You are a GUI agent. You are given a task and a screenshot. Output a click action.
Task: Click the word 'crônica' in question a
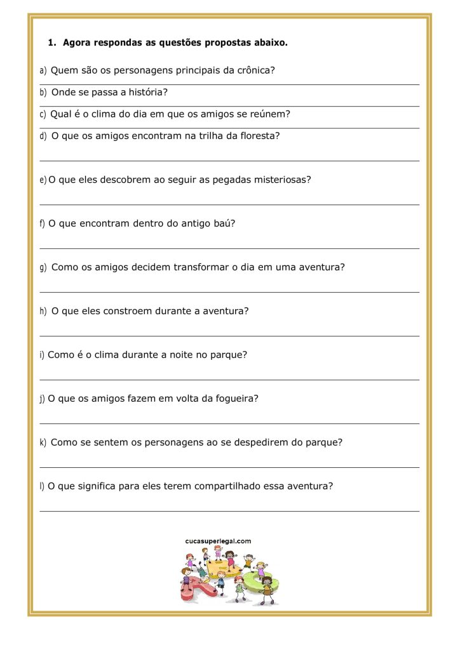(x=254, y=70)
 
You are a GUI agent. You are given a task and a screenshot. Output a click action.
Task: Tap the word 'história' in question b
(x=147, y=93)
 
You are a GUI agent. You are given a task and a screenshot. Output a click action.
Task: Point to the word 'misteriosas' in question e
(x=281, y=180)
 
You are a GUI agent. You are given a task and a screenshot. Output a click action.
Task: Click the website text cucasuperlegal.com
(x=218, y=541)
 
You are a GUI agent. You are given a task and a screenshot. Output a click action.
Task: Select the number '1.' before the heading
(x=52, y=43)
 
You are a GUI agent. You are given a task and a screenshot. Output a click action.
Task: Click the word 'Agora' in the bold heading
(x=76, y=43)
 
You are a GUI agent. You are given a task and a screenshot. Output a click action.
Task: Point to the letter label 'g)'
(x=43, y=268)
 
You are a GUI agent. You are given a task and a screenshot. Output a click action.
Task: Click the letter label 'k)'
(x=43, y=442)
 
